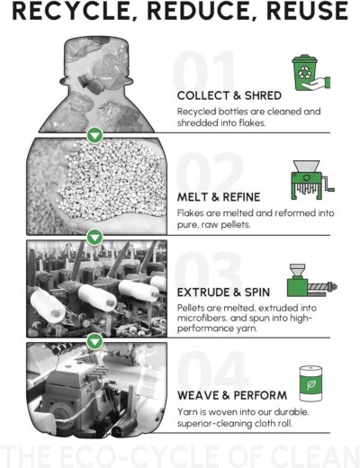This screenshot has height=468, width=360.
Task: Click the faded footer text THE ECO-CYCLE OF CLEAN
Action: [x=180, y=454]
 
